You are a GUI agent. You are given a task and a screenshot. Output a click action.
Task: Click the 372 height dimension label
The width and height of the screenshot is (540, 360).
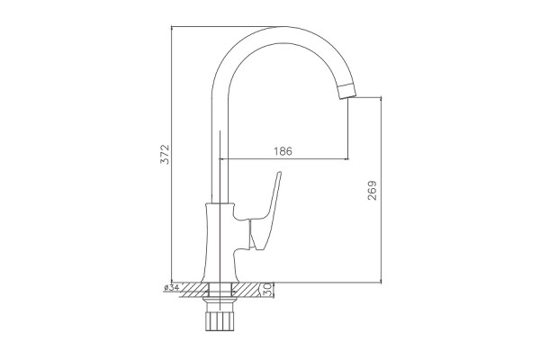point(165,154)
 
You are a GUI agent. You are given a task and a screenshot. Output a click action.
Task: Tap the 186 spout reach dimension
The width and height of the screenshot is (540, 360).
point(283,151)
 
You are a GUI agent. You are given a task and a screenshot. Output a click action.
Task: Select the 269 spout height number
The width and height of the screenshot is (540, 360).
point(373,190)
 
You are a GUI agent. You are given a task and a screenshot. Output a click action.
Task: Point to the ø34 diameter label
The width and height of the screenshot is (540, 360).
point(172,287)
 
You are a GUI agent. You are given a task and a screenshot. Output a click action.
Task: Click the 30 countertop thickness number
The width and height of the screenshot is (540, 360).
point(267,290)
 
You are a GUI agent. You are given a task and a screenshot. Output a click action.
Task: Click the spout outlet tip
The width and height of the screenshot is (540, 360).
point(346,91)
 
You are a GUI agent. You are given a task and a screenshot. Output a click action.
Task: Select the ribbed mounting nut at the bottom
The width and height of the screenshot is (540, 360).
point(220,321)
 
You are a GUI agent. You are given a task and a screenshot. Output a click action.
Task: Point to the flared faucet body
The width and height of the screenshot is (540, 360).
point(220,242)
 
